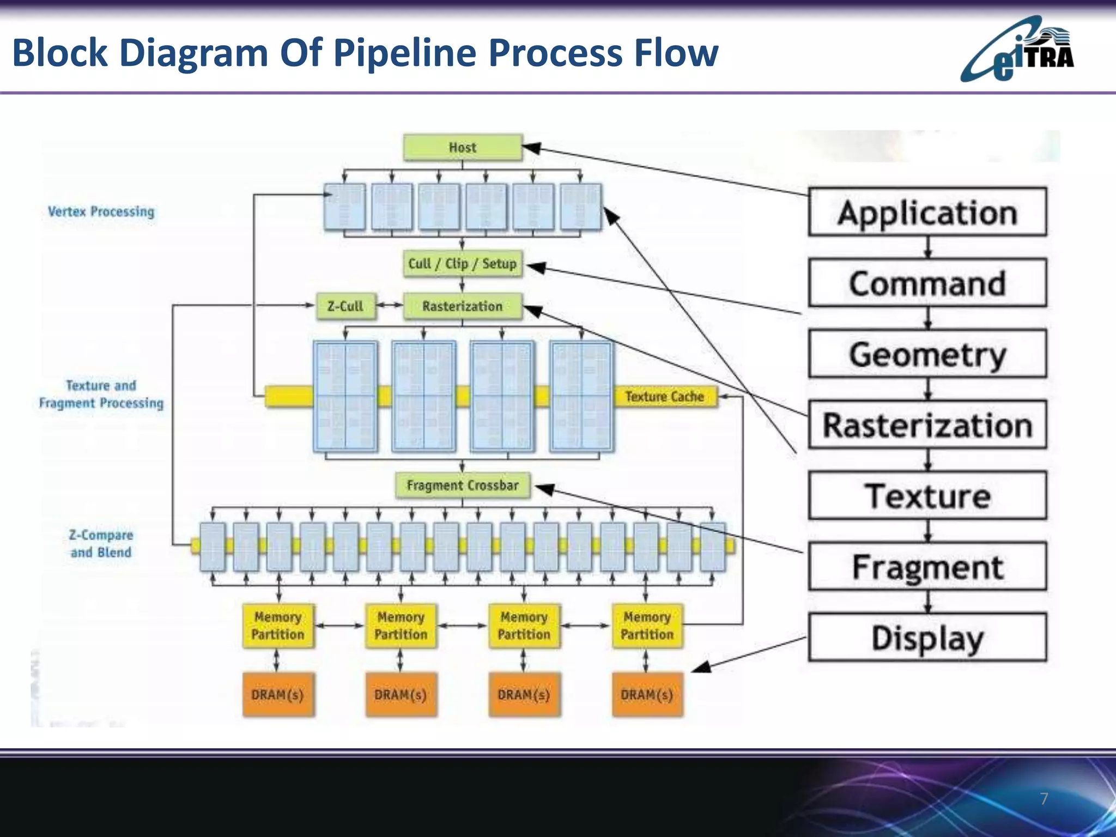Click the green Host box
(x=463, y=148)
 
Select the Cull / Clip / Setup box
(x=463, y=264)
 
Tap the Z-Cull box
(x=345, y=306)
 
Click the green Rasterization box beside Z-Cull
(x=463, y=306)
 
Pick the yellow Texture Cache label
(x=664, y=397)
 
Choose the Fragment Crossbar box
(x=463, y=485)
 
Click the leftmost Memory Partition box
(x=278, y=626)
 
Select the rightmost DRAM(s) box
(x=647, y=695)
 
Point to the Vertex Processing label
(x=101, y=211)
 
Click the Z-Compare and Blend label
(x=101, y=544)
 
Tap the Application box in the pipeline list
(x=927, y=212)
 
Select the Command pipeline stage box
(x=927, y=283)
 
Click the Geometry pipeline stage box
(x=927, y=354)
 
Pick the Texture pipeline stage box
(x=927, y=495)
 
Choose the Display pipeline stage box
(x=927, y=638)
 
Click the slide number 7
(x=1044, y=799)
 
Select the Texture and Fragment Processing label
(x=101, y=394)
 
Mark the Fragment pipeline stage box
(x=927, y=567)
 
